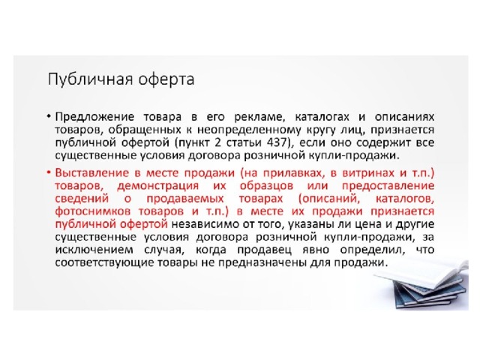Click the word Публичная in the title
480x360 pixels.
91,79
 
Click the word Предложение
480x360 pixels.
94,117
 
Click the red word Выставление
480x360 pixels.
92,173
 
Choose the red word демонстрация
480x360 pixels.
158,186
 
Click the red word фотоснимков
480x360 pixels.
93,211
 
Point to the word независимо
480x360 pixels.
205,224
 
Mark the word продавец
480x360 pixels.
264,250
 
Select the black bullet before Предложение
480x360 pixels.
49,117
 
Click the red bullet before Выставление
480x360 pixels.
49,173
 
